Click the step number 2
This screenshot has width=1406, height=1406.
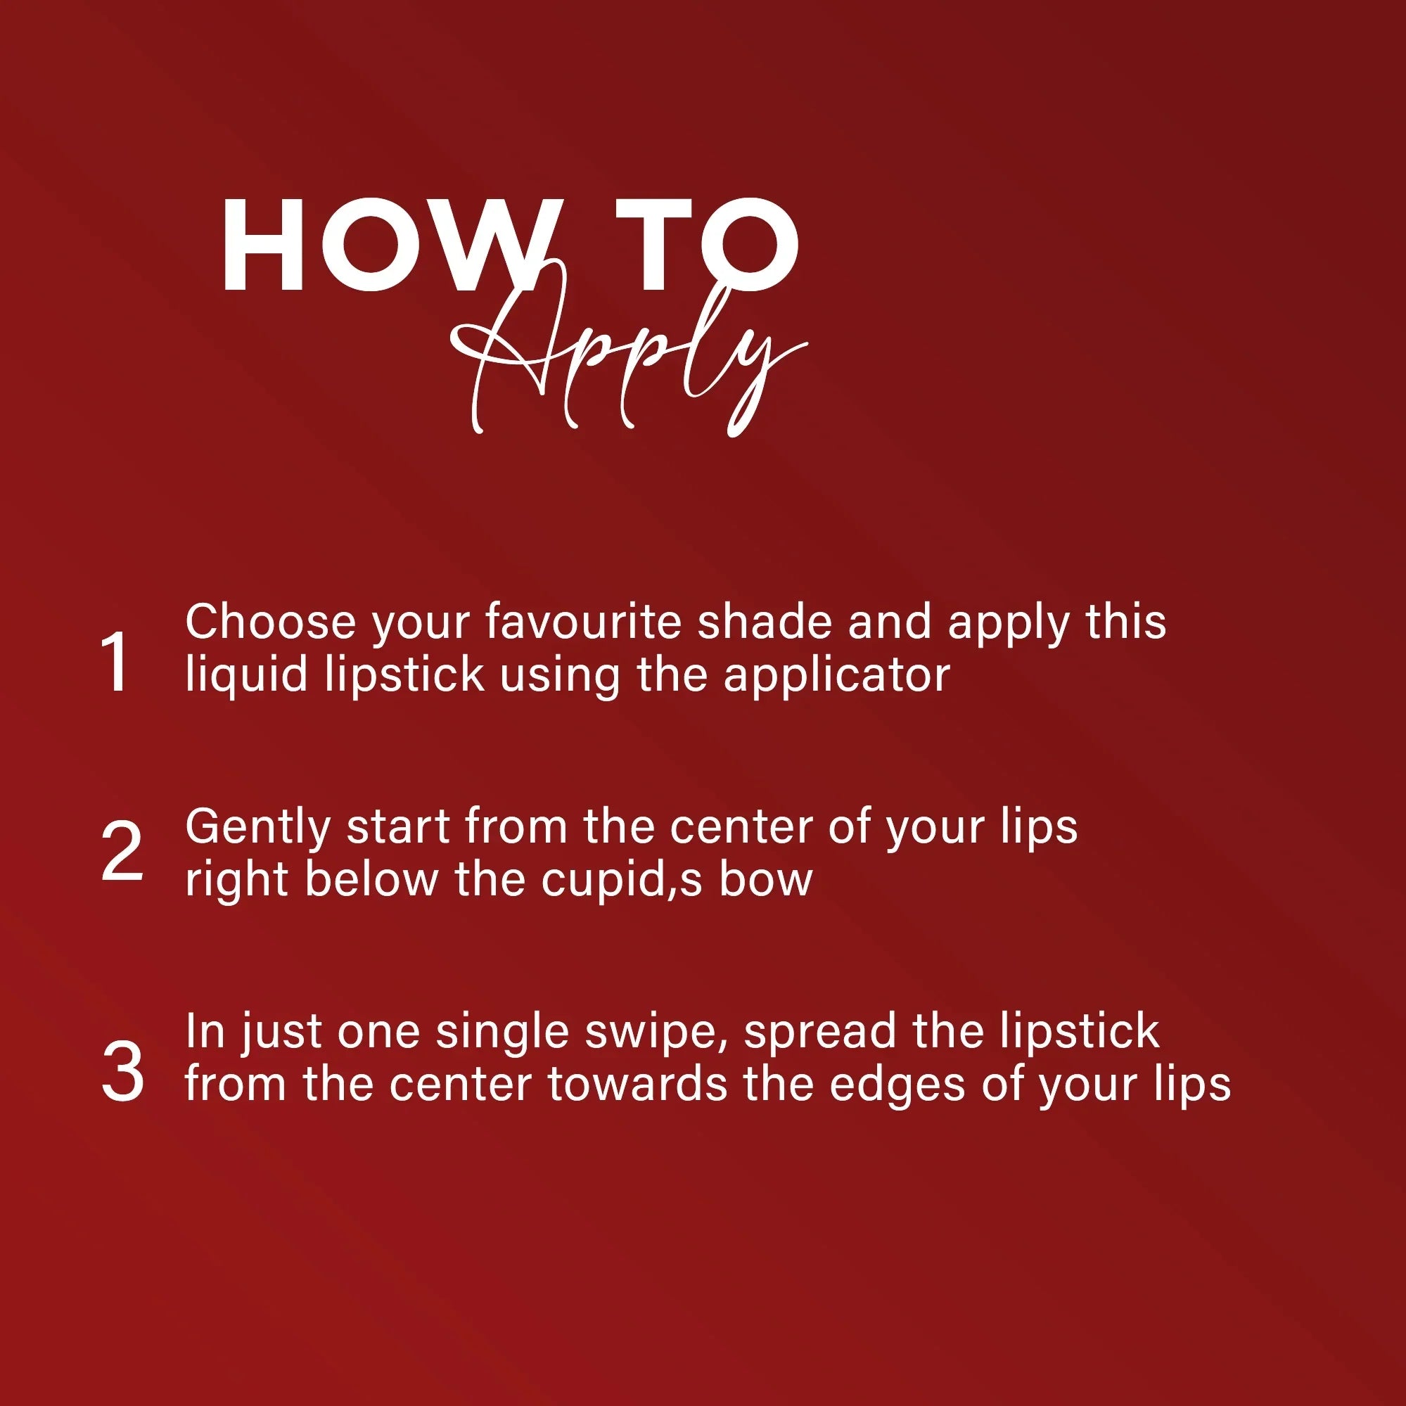[122, 852]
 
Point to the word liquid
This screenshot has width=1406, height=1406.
[248, 675]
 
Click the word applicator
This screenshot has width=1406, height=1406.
[837, 675]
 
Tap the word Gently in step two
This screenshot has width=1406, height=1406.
[258, 828]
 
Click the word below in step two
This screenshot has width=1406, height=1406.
[372, 881]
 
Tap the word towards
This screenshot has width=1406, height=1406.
[637, 1086]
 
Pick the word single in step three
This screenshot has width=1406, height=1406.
[501, 1033]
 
